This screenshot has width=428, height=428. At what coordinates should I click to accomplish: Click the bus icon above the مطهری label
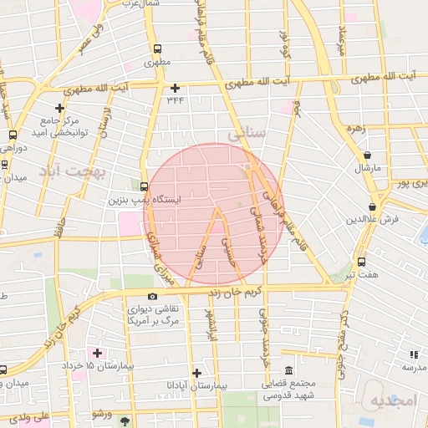(157, 48)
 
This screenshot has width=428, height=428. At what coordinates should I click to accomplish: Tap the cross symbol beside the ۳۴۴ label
(175, 88)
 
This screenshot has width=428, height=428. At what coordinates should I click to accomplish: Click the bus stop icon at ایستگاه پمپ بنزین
(145, 186)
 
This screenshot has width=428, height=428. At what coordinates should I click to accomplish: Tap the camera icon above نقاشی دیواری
(151, 295)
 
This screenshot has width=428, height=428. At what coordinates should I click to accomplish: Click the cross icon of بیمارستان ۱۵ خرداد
(98, 352)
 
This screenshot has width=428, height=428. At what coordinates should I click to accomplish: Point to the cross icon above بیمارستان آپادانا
(196, 373)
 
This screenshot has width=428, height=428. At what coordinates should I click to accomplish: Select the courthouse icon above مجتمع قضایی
(288, 370)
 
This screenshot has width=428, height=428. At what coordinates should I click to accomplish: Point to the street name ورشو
(102, 414)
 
